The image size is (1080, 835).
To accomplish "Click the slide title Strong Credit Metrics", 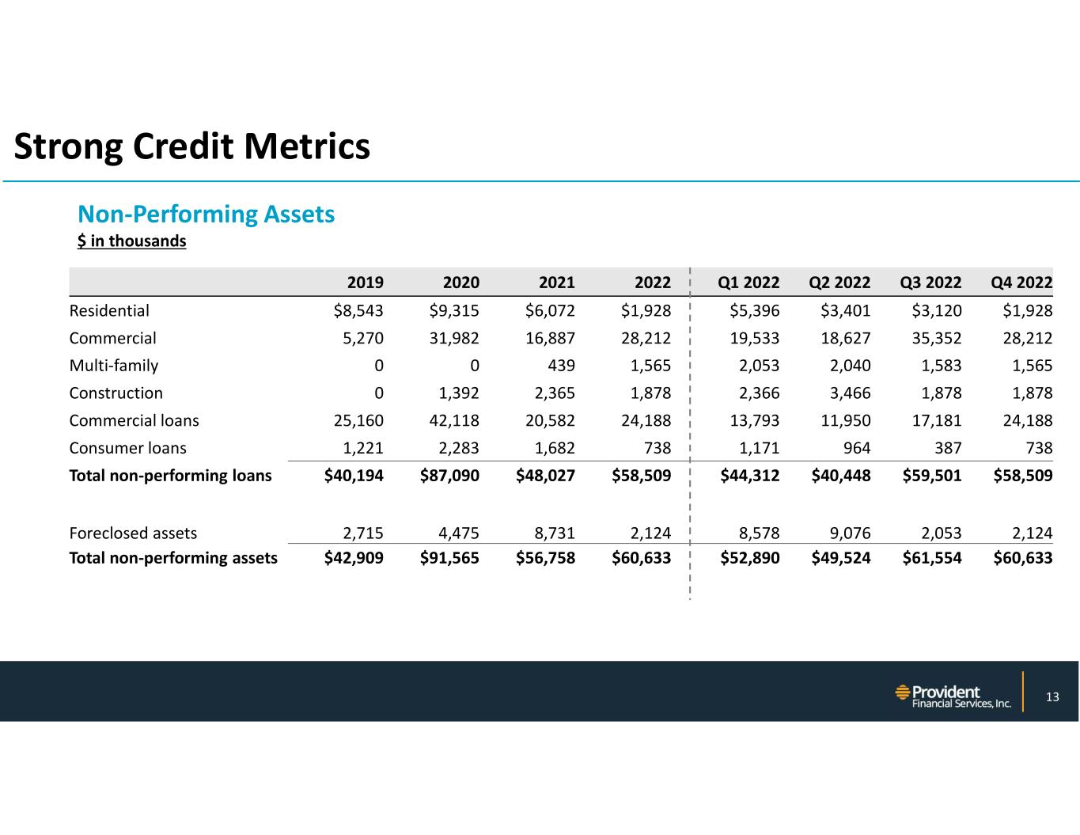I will click(192, 146).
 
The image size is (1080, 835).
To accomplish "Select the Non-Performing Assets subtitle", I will click(206, 214).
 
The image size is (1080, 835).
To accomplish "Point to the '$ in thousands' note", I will click(131, 241).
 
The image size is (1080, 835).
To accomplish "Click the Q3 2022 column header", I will click(931, 283).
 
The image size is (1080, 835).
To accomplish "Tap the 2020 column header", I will click(460, 283).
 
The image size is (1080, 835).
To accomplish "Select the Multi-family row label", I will click(114, 366).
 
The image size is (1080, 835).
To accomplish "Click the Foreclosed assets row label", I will click(133, 533).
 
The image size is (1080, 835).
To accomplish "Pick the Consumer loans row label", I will click(128, 448).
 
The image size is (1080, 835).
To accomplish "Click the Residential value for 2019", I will click(358, 310).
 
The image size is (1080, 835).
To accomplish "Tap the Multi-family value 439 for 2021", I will click(561, 366).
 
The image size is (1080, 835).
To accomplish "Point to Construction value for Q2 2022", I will click(847, 393).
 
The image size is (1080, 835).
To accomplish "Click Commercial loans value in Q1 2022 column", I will click(753, 420).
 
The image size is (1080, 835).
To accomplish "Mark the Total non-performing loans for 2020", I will click(449, 476).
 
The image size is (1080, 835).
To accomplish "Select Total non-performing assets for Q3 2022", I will click(932, 558).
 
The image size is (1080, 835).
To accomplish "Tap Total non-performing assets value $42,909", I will click(354, 558).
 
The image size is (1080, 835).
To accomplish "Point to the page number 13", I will click(1052, 696).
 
